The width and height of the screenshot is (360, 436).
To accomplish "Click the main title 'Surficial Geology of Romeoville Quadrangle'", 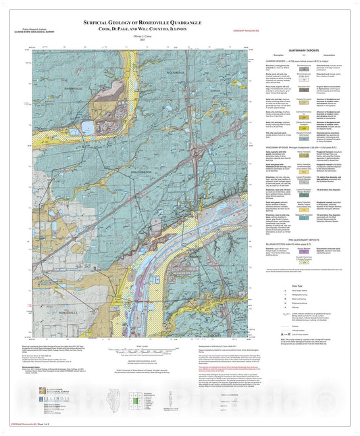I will pyautogui.click(x=147, y=22).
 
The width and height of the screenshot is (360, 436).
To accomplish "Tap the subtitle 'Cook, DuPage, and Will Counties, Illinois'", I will pyautogui.click(x=147, y=30).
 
